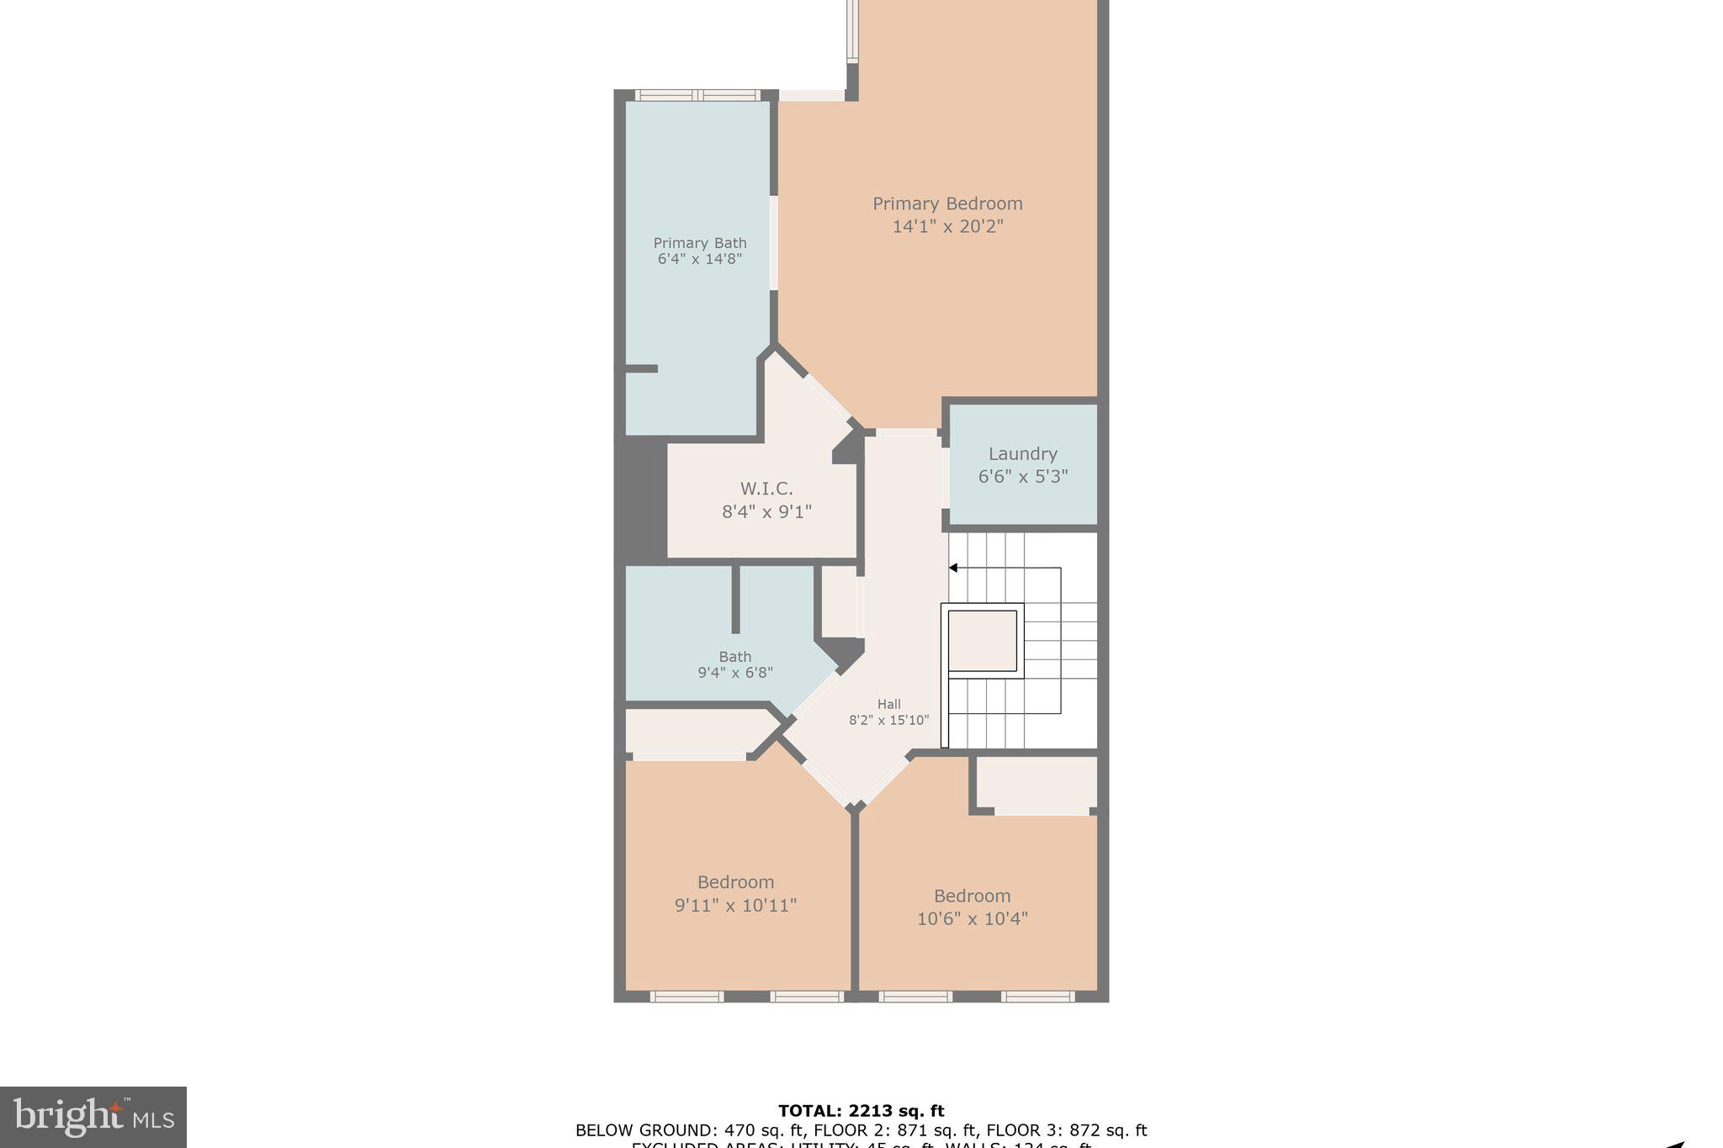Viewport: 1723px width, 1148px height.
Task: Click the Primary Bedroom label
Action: click(x=947, y=204)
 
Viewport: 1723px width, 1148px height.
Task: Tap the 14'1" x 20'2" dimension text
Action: click(x=947, y=226)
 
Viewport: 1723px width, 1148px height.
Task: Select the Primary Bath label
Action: click(x=700, y=243)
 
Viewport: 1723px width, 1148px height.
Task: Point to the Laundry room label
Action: click(x=1022, y=454)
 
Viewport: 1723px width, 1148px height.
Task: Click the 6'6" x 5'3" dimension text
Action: click(x=1022, y=477)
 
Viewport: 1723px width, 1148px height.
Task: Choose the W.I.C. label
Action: click(x=766, y=489)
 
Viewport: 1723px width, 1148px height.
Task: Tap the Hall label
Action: click(x=888, y=705)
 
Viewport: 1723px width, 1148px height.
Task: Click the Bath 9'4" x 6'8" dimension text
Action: click(x=734, y=673)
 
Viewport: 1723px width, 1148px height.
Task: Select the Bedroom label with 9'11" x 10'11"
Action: click(x=735, y=882)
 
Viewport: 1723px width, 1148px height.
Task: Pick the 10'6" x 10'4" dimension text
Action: click(x=972, y=918)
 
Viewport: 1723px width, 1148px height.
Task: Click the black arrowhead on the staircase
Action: click(x=953, y=568)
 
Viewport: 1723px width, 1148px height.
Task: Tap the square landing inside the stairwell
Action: click(x=982, y=641)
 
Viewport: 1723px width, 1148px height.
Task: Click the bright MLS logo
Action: click(x=93, y=1117)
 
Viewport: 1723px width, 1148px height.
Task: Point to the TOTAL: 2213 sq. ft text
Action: click(x=861, y=1111)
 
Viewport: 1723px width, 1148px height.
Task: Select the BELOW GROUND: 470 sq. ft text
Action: click(x=644, y=1130)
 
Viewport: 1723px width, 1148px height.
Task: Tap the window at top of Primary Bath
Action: click(x=697, y=95)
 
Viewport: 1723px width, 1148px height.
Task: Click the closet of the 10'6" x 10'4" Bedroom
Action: click(x=1036, y=782)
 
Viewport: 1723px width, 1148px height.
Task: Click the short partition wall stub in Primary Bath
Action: click(x=641, y=368)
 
